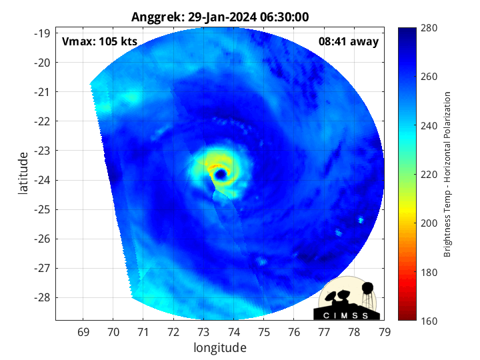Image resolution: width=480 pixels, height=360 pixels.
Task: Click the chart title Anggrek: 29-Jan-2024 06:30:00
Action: pyautogui.click(x=220, y=17)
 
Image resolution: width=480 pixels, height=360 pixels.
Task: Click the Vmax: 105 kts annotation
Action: pyautogui.click(x=99, y=42)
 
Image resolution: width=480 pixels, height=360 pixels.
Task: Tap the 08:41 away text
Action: pyautogui.click(x=349, y=42)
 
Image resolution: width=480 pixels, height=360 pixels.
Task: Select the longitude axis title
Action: pyautogui.click(x=220, y=347)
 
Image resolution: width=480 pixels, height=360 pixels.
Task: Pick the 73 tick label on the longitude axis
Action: pyautogui.click(x=204, y=331)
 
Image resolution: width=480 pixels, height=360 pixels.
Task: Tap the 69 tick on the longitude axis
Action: pyautogui.click(x=83, y=331)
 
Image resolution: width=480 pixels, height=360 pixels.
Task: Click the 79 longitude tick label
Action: pyautogui.click(x=385, y=331)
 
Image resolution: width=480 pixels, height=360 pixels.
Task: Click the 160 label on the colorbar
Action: pyautogui.click(x=430, y=321)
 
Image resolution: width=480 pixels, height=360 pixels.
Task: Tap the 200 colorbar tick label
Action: pyautogui.click(x=430, y=223)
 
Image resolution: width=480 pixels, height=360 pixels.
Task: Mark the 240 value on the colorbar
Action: pyautogui.click(x=430, y=125)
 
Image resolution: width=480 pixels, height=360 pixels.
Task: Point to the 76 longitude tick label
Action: pyautogui.click(x=294, y=331)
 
